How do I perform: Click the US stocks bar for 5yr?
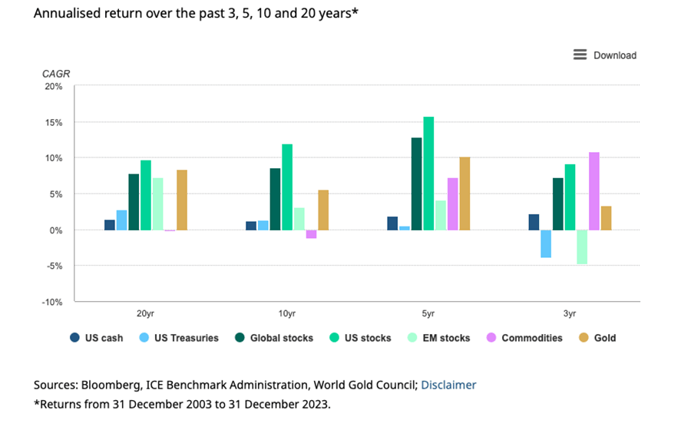point(428,174)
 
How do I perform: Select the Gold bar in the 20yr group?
point(182,200)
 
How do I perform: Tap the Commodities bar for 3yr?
point(594,191)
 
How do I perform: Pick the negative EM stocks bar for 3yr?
point(582,246)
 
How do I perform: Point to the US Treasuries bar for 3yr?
point(546,243)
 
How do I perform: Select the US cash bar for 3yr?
point(534,222)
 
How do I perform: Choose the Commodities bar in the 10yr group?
point(311,234)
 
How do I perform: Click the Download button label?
point(615,55)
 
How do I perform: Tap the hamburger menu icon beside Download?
point(580,55)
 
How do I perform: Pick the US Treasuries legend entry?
point(182,338)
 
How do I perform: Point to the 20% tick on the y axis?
point(54,86)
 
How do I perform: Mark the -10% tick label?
point(52,302)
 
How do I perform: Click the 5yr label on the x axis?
point(428,314)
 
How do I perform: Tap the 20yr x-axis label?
point(145,314)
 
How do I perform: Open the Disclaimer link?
point(448,385)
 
